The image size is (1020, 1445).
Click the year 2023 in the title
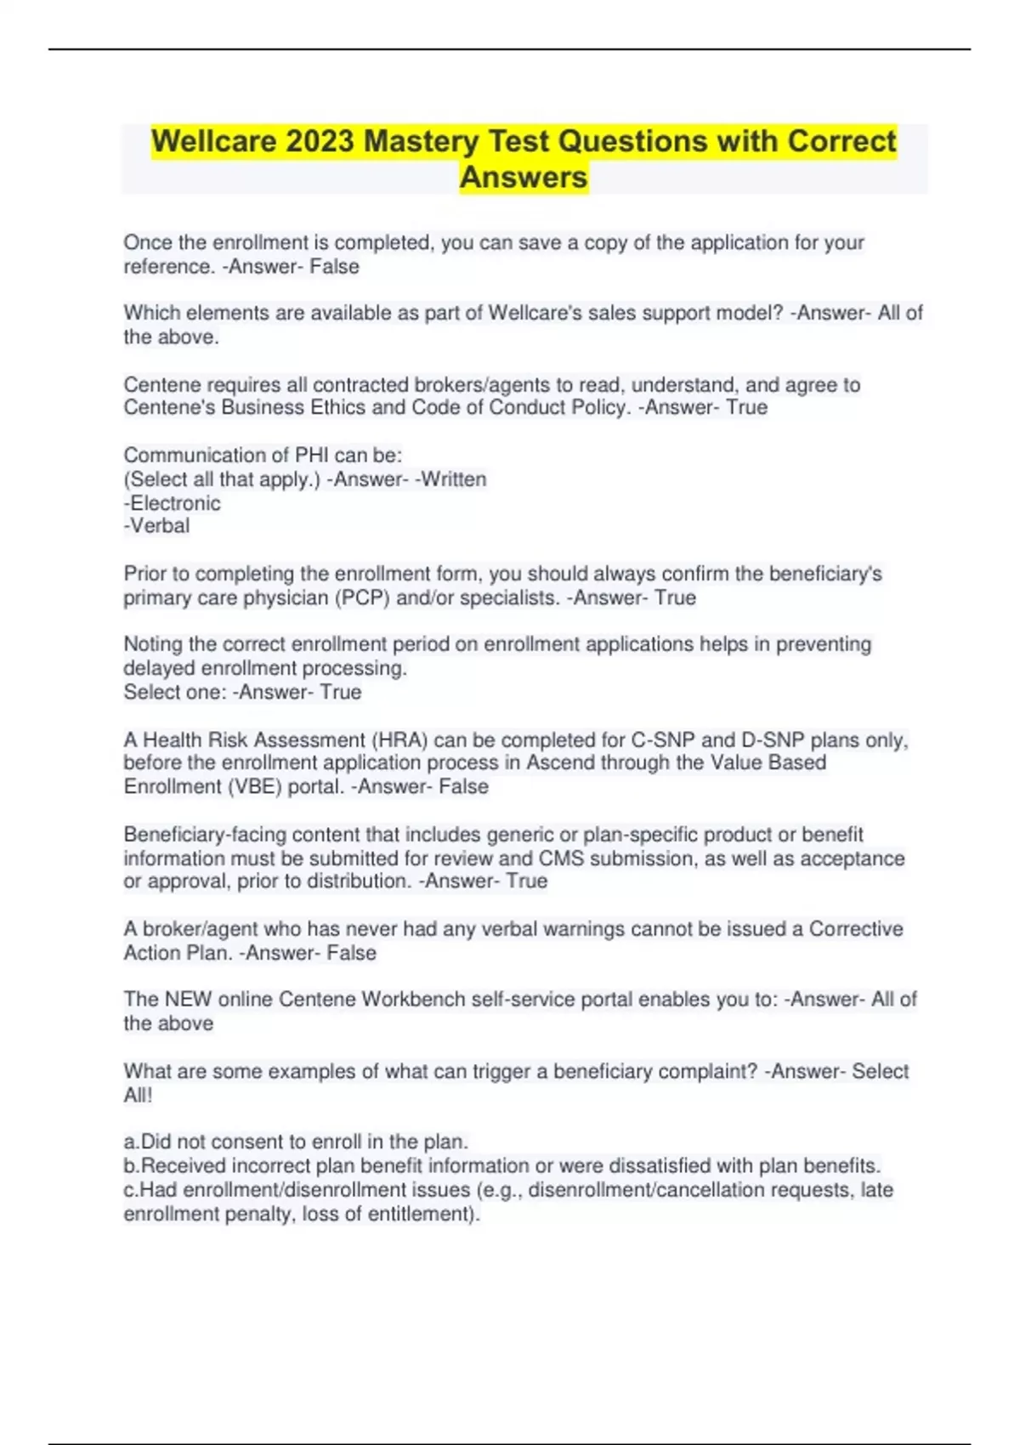click(x=320, y=141)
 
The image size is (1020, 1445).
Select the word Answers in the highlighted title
click(x=524, y=178)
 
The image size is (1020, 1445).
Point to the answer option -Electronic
click(x=173, y=503)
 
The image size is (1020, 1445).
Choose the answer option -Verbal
click(x=157, y=526)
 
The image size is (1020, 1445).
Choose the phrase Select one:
click(x=175, y=693)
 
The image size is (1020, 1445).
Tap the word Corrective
click(x=855, y=929)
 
